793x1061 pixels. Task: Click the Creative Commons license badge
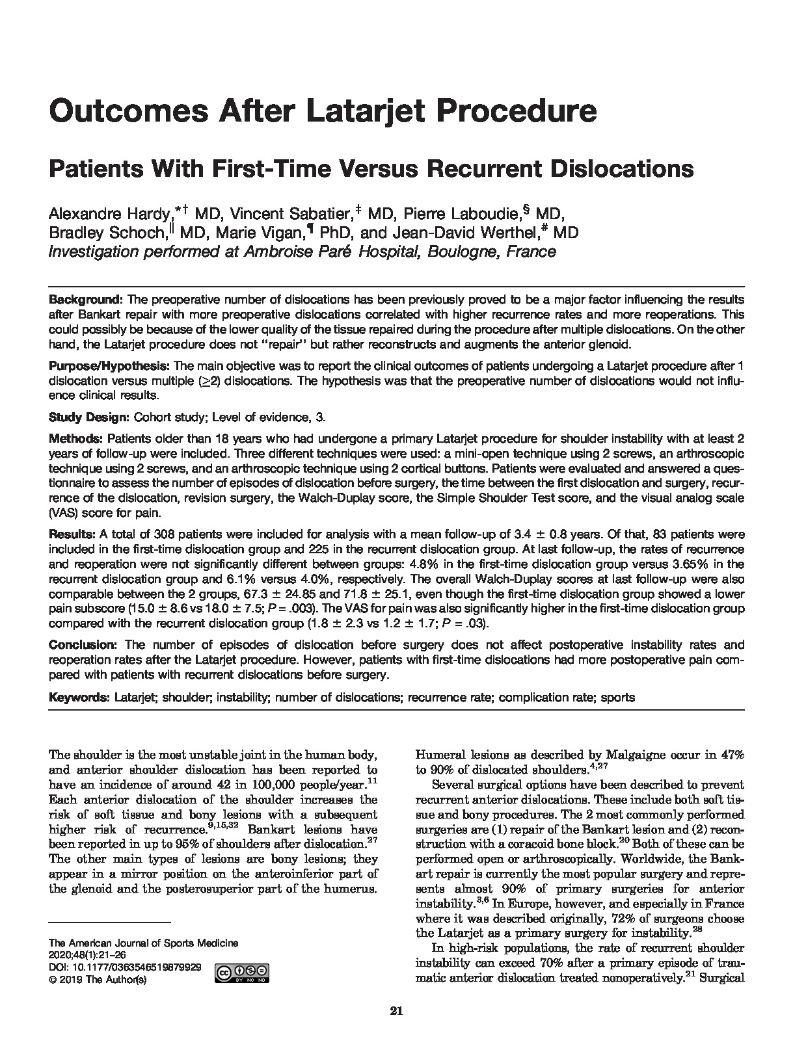243,973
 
